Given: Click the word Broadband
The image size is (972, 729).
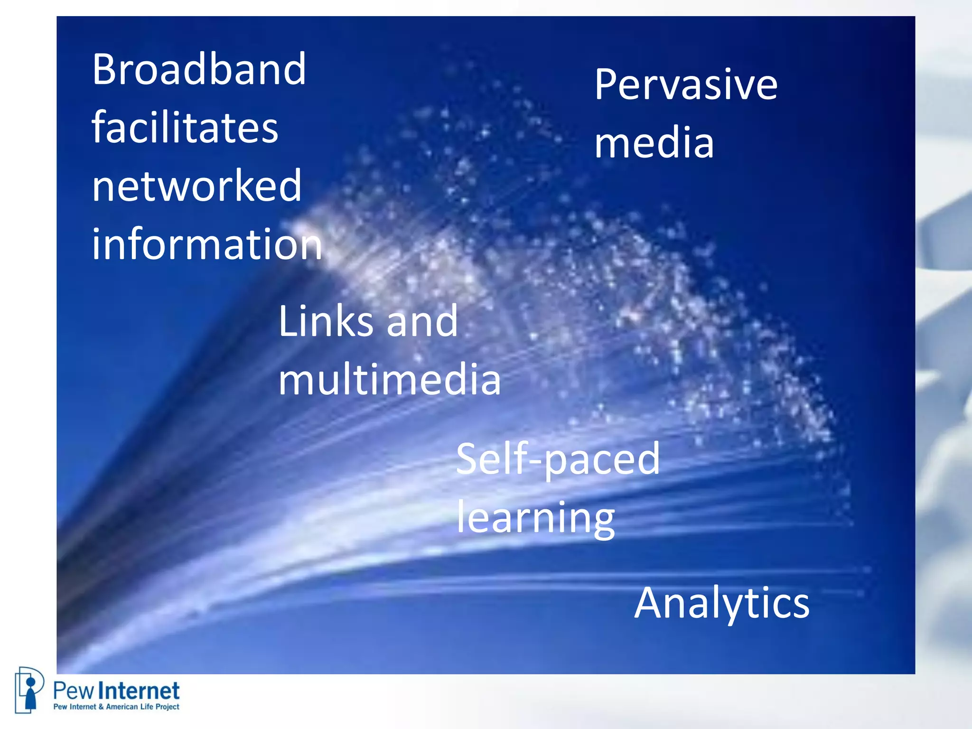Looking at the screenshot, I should [x=199, y=70].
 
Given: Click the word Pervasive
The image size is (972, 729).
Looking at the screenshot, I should [x=686, y=85].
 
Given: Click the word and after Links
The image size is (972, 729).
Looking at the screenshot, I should [x=422, y=322].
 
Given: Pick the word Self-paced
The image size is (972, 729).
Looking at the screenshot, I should [x=558, y=459].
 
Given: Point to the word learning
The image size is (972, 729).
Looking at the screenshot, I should [x=536, y=518].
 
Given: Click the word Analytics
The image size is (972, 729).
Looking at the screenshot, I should [x=722, y=604].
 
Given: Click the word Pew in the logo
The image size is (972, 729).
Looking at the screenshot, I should [x=73, y=691].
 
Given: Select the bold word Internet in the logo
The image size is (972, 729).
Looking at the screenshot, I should [x=141, y=691].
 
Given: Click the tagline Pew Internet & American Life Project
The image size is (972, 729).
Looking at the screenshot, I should [x=116, y=707].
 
